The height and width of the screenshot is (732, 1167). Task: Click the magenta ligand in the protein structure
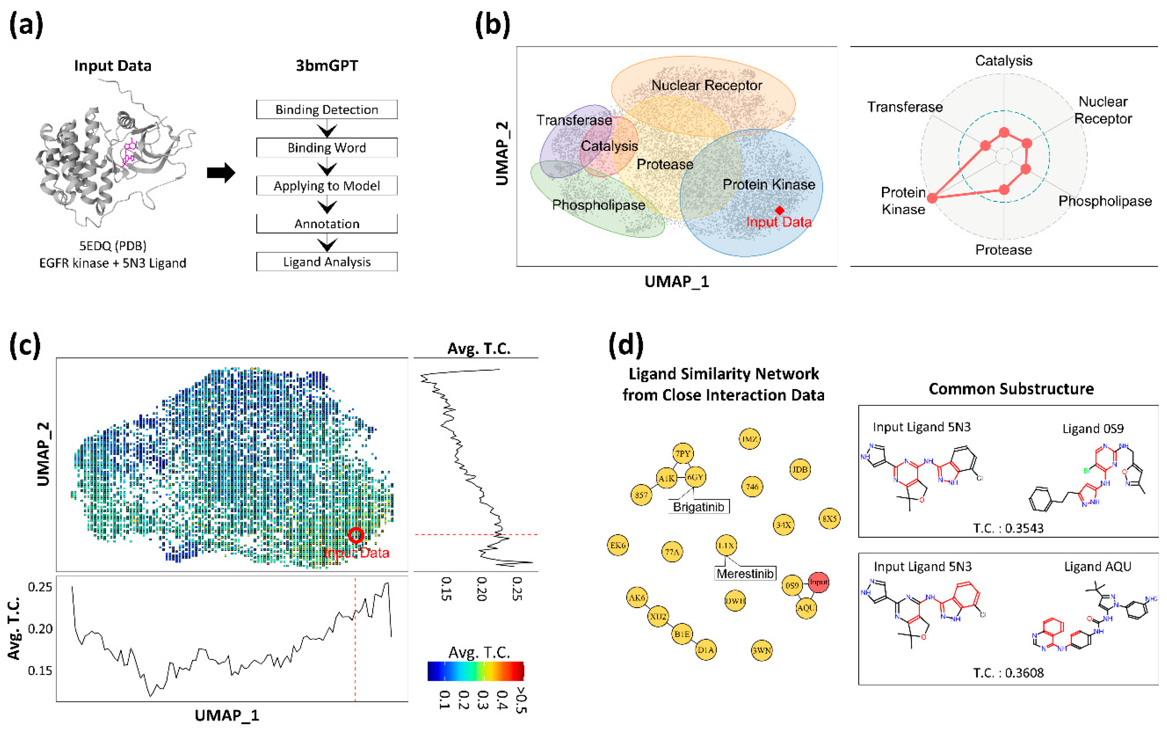tap(129, 151)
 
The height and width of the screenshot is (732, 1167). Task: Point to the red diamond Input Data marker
tap(779, 210)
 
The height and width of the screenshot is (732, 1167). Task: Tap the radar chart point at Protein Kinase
tap(932, 198)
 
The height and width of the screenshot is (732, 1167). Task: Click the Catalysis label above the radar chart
tap(1003, 61)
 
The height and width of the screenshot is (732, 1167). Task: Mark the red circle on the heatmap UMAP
tap(356, 535)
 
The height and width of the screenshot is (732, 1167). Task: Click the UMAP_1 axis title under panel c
tap(227, 715)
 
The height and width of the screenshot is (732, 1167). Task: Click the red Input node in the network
tap(819, 582)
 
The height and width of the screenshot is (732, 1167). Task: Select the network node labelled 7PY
tap(683, 454)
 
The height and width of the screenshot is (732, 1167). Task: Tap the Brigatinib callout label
tap(698, 507)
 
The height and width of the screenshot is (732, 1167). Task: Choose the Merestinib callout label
tap(745, 574)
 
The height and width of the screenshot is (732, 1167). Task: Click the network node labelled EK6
tap(617, 545)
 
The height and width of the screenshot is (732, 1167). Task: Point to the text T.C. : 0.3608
tap(1008, 672)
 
